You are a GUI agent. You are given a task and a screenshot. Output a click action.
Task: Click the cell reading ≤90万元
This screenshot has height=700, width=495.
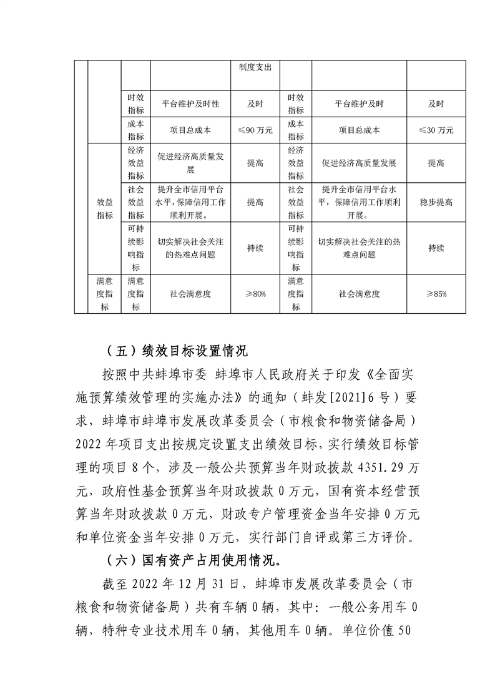click(255, 131)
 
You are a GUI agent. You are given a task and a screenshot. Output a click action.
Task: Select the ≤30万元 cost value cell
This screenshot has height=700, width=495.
click(436, 131)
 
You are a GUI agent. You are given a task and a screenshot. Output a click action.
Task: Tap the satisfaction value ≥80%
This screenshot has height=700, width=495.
click(255, 293)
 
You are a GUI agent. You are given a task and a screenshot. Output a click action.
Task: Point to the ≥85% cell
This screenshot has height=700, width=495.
click(436, 293)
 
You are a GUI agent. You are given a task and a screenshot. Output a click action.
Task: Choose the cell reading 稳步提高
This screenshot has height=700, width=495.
click(436, 203)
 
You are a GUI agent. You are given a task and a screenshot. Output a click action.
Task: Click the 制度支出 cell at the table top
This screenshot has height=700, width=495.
click(255, 67)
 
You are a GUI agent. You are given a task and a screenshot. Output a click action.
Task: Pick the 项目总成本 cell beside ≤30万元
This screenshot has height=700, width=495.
click(359, 131)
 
